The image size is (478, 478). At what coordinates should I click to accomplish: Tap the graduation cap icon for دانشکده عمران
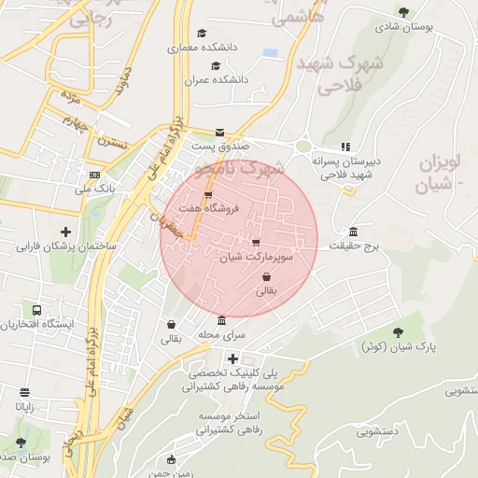coord(216,65)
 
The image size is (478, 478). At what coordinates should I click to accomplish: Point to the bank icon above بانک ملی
coord(94,175)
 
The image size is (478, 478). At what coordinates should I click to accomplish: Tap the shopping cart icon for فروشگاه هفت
coord(207,194)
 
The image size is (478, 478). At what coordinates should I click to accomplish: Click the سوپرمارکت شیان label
coord(256,255)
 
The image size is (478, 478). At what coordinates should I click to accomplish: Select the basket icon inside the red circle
coord(267,277)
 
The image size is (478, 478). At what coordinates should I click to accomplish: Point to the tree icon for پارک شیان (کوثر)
coord(399,332)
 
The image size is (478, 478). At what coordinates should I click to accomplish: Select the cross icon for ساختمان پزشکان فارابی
coord(64,232)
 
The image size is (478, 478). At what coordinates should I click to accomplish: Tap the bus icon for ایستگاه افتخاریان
coord(36,310)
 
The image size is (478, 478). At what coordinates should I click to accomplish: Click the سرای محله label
coord(220,334)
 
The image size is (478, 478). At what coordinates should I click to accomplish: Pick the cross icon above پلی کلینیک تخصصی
coord(232,358)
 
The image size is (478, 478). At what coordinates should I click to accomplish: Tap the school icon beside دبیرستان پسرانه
coord(345,147)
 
